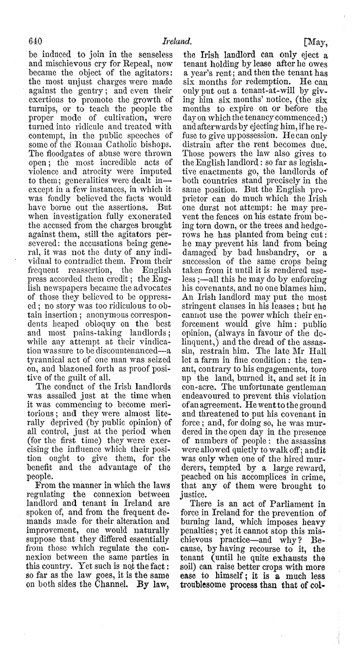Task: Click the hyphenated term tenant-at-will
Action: pos(257,89)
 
